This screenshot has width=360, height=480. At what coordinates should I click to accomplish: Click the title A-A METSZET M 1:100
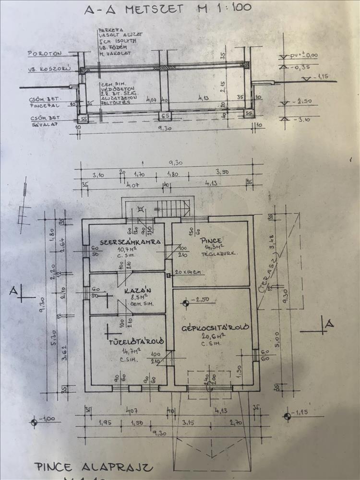click(167, 9)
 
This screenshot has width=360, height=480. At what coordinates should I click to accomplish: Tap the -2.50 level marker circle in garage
click(185, 302)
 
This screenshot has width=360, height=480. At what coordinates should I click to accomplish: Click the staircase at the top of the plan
click(175, 207)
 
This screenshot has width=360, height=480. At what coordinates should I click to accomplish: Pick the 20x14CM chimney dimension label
click(187, 272)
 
